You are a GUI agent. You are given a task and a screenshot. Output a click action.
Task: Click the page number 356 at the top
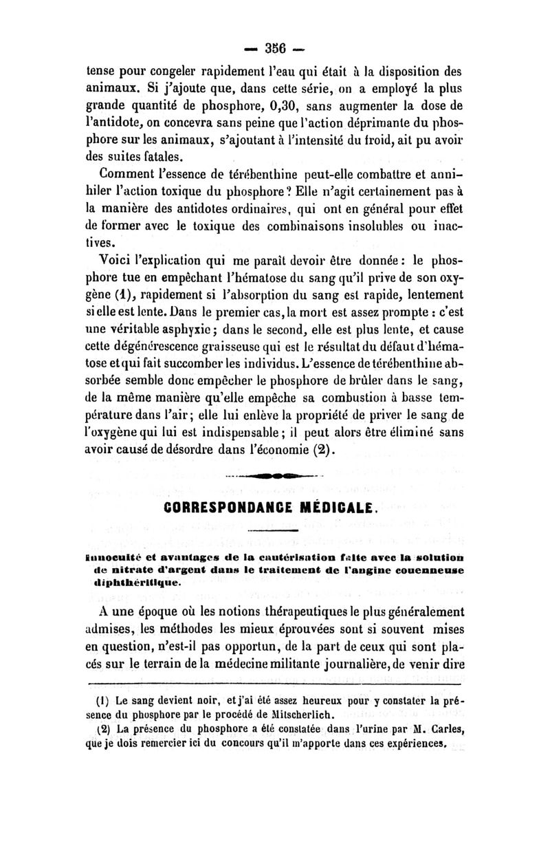(x=275, y=51)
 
